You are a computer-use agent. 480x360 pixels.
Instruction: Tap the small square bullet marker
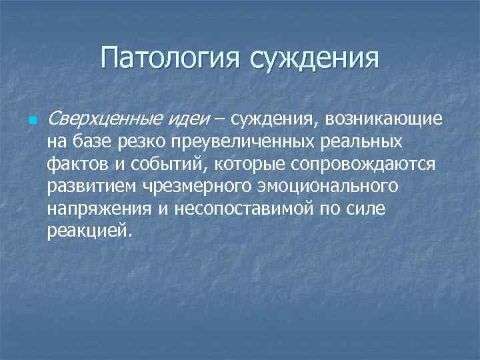point(32,122)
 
